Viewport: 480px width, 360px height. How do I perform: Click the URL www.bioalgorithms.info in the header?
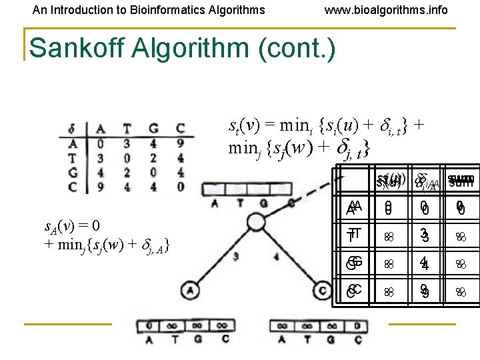click(386, 10)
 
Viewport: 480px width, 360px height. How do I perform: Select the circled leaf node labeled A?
click(191, 290)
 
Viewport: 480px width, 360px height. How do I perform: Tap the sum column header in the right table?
click(460, 181)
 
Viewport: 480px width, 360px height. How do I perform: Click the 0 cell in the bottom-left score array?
click(151, 327)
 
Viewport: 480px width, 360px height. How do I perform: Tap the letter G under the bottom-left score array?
click(197, 339)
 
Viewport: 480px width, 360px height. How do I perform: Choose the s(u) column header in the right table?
click(387, 181)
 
